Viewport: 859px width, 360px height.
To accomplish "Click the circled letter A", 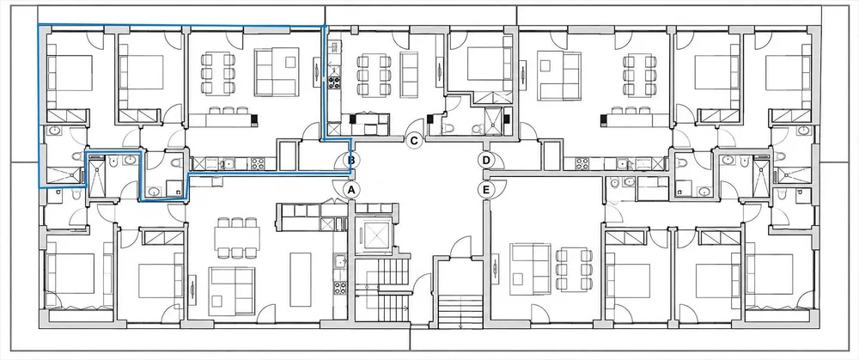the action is (352, 190).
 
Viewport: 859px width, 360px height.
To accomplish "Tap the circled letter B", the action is (352, 161).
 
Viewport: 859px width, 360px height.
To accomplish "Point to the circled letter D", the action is (485, 161).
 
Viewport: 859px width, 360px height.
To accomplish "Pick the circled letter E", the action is (485, 190).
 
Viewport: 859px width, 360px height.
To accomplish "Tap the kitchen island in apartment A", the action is (301, 279).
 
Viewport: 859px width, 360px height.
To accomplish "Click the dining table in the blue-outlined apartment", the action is (218, 73).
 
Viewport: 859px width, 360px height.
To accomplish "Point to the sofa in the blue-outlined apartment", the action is (277, 72).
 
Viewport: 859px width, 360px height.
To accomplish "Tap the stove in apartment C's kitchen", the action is (333, 83).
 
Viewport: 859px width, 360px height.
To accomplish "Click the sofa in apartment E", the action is (530, 268).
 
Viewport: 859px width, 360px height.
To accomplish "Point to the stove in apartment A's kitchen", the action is (340, 288).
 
